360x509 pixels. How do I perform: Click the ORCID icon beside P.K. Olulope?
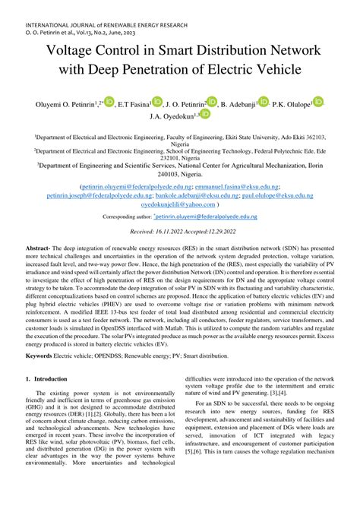click(319, 100)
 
